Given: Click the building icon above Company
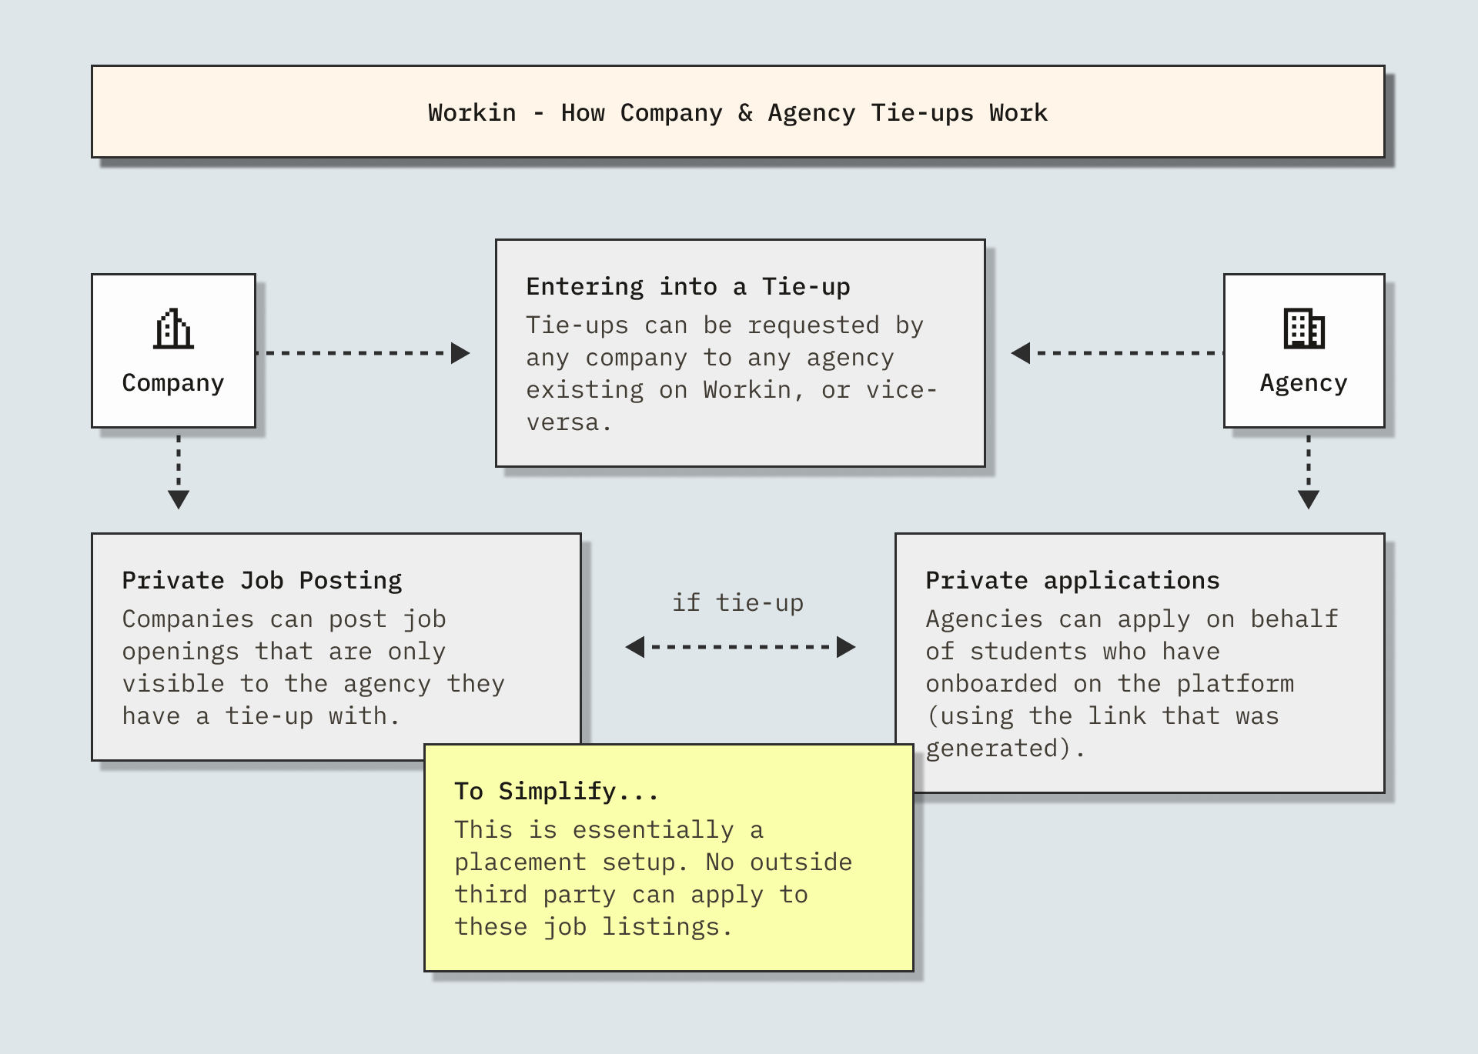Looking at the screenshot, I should [x=173, y=329].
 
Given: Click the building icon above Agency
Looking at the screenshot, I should [x=1304, y=329].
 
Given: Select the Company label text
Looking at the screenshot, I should [x=173, y=383].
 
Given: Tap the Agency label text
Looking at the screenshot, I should [x=1303, y=383].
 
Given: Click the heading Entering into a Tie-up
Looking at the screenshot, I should [x=687, y=287].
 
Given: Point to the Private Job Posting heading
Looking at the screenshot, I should [x=262, y=581].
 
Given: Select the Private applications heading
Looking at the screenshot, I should [x=1072, y=581].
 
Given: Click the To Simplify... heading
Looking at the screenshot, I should [x=556, y=792].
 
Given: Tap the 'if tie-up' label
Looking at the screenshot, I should [x=737, y=603].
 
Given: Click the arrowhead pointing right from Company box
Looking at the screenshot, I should [x=460, y=353].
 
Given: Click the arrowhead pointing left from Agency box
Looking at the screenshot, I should [x=1021, y=353].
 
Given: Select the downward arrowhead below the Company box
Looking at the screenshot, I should [x=179, y=500].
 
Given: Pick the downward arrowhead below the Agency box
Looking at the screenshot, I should [x=1309, y=500].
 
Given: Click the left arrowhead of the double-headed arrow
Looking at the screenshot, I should [x=635, y=647].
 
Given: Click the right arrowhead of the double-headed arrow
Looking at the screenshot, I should [x=846, y=647].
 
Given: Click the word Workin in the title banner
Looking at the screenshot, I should [x=472, y=113].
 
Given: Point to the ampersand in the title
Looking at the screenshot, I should [x=745, y=113].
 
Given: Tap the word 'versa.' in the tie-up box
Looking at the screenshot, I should [x=569, y=423].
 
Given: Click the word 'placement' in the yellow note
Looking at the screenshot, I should [x=520, y=862].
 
